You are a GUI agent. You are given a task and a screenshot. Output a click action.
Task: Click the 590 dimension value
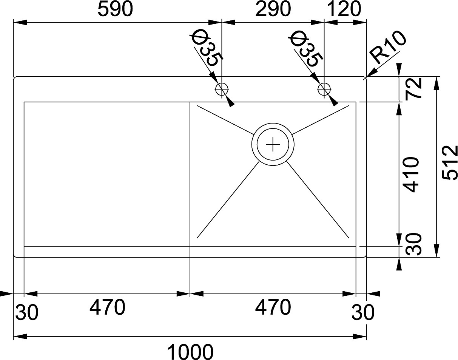pyautogui.click(x=115, y=9)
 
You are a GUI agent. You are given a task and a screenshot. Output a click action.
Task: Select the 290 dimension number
pyautogui.click(x=273, y=9)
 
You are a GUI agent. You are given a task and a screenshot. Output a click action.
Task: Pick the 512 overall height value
pyautogui.click(x=450, y=162)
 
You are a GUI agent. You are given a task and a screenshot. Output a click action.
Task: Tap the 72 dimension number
pyautogui.click(x=414, y=88)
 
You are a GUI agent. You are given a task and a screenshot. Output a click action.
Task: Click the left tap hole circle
pyautogui.click(x=222, y=90)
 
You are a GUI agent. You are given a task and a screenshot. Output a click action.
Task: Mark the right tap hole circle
pyautogui.click(x=324, y=90)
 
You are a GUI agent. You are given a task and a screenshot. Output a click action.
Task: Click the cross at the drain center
pyautogui.click(x=273, y=144)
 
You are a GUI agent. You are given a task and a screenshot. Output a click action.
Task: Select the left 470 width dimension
pyautogui.click(x=107, y=307)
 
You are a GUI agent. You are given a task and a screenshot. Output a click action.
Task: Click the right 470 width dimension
pyautogui.click(x=273, y=307)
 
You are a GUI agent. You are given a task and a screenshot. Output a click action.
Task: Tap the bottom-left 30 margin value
pyautogui.click(x=27, y=312)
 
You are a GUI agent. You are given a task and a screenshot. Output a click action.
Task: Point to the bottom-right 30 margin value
pyautogui.click(x=363, y=312)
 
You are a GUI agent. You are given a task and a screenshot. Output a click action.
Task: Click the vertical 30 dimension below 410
pyautogui.click(x=414, y=244)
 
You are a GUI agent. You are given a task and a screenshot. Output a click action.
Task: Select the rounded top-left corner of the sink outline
pyautogui.click(x=15, y=78)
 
